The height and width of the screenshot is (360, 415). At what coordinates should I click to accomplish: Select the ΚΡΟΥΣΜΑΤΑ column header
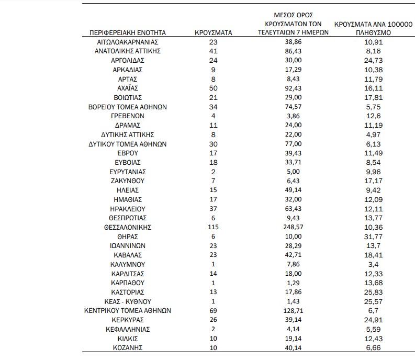click(213, 32)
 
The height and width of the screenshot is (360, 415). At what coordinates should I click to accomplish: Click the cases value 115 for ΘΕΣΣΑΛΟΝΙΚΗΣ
click(213, 227)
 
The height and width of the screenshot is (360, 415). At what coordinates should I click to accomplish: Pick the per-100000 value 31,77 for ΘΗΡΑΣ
click(372, 237)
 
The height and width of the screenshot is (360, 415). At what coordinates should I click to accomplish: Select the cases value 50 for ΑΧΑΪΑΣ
click(213, 88)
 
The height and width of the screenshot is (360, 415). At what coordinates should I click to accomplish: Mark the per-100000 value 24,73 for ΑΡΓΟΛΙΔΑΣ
click(372, 60)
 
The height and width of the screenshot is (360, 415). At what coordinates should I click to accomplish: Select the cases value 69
click(213, 311)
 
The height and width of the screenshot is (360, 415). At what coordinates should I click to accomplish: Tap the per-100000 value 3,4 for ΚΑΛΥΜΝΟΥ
click(372, 264)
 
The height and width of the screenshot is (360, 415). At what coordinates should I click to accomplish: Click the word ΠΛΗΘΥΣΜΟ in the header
click(372, 32)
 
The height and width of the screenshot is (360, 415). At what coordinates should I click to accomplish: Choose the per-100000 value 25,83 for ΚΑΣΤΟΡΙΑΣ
click(372, 292)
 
